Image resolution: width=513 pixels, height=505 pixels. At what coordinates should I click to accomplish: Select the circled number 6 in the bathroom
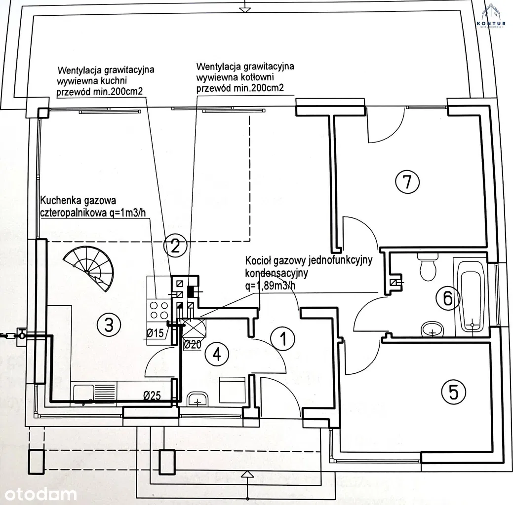(447, 297)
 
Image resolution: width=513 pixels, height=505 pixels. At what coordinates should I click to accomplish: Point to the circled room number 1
(283, 339)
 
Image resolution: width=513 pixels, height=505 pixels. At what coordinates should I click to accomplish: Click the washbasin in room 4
(199, 398)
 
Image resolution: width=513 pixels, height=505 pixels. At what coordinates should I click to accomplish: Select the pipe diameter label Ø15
(155, 333)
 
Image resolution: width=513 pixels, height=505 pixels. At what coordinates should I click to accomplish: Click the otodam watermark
(39, 493)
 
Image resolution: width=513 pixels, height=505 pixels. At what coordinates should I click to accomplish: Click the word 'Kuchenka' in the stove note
(61, 201)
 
